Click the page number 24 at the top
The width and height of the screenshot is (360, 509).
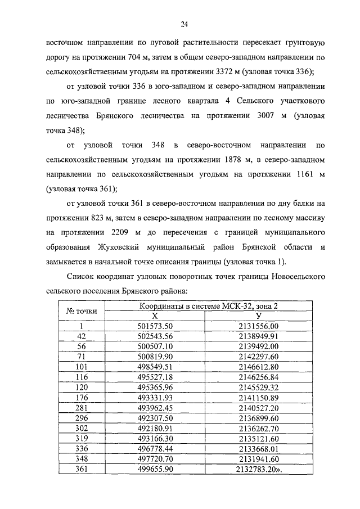click(x=184, y=24)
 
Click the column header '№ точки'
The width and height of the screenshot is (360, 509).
click(x=82, y=310)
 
